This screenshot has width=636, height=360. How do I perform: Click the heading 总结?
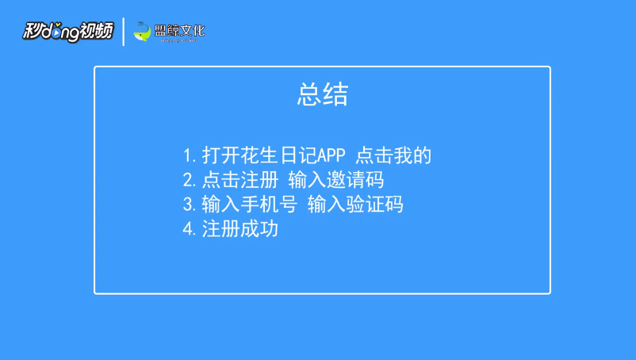323,94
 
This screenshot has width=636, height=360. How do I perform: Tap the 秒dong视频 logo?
68,31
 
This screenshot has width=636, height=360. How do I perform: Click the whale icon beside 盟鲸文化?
142,31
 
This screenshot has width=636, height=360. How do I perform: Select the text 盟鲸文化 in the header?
180,30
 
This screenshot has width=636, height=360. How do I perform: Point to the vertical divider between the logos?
124,32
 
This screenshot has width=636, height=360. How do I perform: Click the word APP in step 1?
331,155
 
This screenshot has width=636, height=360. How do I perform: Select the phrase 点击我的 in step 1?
393,155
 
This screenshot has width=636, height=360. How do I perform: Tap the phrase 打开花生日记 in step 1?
259,155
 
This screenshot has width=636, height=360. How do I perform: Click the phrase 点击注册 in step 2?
240,179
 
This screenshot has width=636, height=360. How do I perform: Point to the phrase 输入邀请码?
336,179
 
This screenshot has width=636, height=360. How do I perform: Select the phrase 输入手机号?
250,204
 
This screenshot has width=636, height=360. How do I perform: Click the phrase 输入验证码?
355,204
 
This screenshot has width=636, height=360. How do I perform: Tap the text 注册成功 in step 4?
240,228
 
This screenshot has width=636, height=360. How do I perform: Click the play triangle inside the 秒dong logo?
56,33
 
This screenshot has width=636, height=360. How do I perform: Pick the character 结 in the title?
336,94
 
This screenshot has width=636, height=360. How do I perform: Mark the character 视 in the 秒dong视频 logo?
88,31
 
